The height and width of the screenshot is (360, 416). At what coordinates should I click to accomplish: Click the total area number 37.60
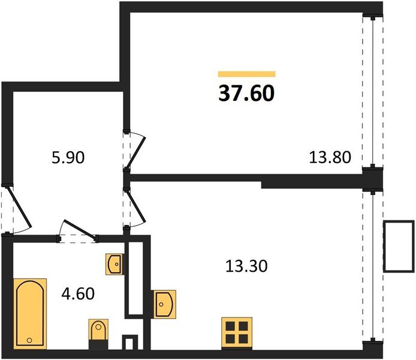246,94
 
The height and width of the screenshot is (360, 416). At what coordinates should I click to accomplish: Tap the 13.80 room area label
330,157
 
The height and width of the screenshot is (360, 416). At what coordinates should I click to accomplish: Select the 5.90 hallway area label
68,157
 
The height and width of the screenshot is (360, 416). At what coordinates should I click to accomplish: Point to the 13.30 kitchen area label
246,266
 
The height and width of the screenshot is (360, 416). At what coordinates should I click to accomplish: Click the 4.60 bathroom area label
78,294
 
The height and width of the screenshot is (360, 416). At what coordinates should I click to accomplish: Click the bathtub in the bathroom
30,314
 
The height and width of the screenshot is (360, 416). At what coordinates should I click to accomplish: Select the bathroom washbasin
115,264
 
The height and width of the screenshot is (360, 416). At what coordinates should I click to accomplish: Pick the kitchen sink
164,304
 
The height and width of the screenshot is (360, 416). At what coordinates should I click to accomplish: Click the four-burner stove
237,333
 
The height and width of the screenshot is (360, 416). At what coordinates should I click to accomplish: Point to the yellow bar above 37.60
247,74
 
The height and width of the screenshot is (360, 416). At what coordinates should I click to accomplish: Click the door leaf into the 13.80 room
136,152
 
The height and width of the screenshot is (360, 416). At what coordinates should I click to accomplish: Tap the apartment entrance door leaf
20,208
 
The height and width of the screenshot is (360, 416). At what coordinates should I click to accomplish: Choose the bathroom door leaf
79,229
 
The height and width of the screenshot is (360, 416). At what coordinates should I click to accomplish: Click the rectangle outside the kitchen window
399,246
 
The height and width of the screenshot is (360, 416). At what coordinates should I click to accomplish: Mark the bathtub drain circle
29,340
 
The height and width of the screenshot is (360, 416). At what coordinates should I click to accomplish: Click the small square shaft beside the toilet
129,343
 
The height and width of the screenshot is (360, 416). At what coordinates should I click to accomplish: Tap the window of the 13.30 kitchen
373,266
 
